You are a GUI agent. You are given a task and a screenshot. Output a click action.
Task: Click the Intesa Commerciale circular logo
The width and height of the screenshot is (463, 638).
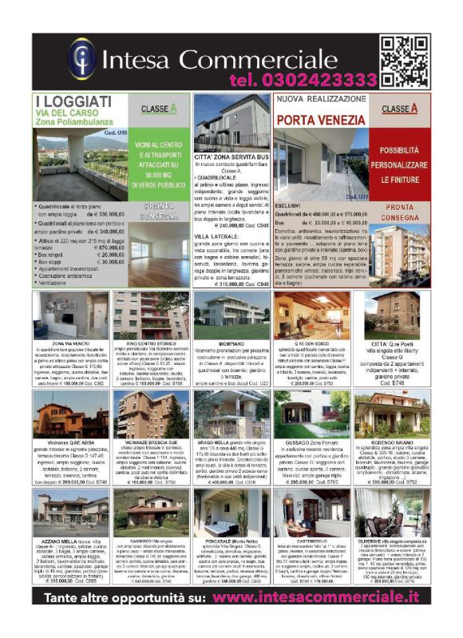coord(82,57)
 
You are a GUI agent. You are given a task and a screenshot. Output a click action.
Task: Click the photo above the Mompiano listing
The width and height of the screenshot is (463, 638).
coord(231,315)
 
